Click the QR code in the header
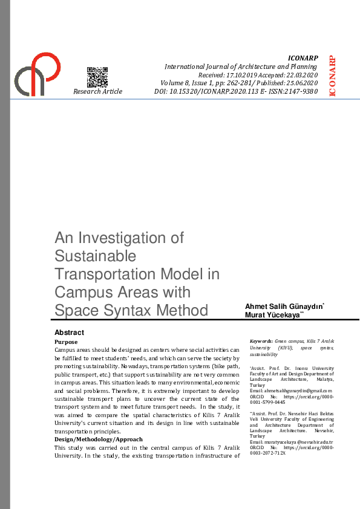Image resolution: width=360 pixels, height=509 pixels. (x=97, y=77)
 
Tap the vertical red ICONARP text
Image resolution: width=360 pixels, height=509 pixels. (x=332, y=76)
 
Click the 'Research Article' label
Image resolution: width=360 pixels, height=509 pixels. (x=97, y=91)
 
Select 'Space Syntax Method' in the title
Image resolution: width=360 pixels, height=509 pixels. (x=131, y=311)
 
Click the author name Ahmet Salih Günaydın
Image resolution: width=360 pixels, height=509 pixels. (x=283, y=307)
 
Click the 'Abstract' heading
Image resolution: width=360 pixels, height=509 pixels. (x=69, y=332)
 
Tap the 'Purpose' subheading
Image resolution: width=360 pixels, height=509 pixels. (x=66, y=342)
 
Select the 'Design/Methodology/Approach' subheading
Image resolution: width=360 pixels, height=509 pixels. (x=99, y=439)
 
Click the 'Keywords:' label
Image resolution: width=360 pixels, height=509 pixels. (x=261, y=341)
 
